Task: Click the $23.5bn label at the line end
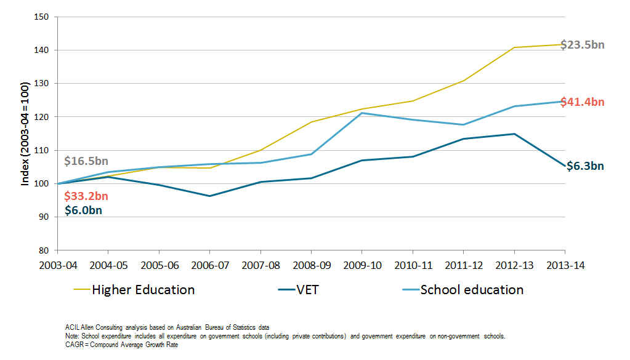tap(583, 44)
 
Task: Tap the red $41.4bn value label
tap(583, 102)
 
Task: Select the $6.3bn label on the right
tap(585, 166)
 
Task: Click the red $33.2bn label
tap(86, 196)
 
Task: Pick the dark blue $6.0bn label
tap(83, 210)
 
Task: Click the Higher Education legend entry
tap(143, 290)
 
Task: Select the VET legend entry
tap(307, 290)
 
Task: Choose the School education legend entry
tap(472, 290)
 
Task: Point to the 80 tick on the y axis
tap(42, 250)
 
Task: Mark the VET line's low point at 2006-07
tap(210, 196)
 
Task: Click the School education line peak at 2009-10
tap(361, 113)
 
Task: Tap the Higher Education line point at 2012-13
tap(514, 47)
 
